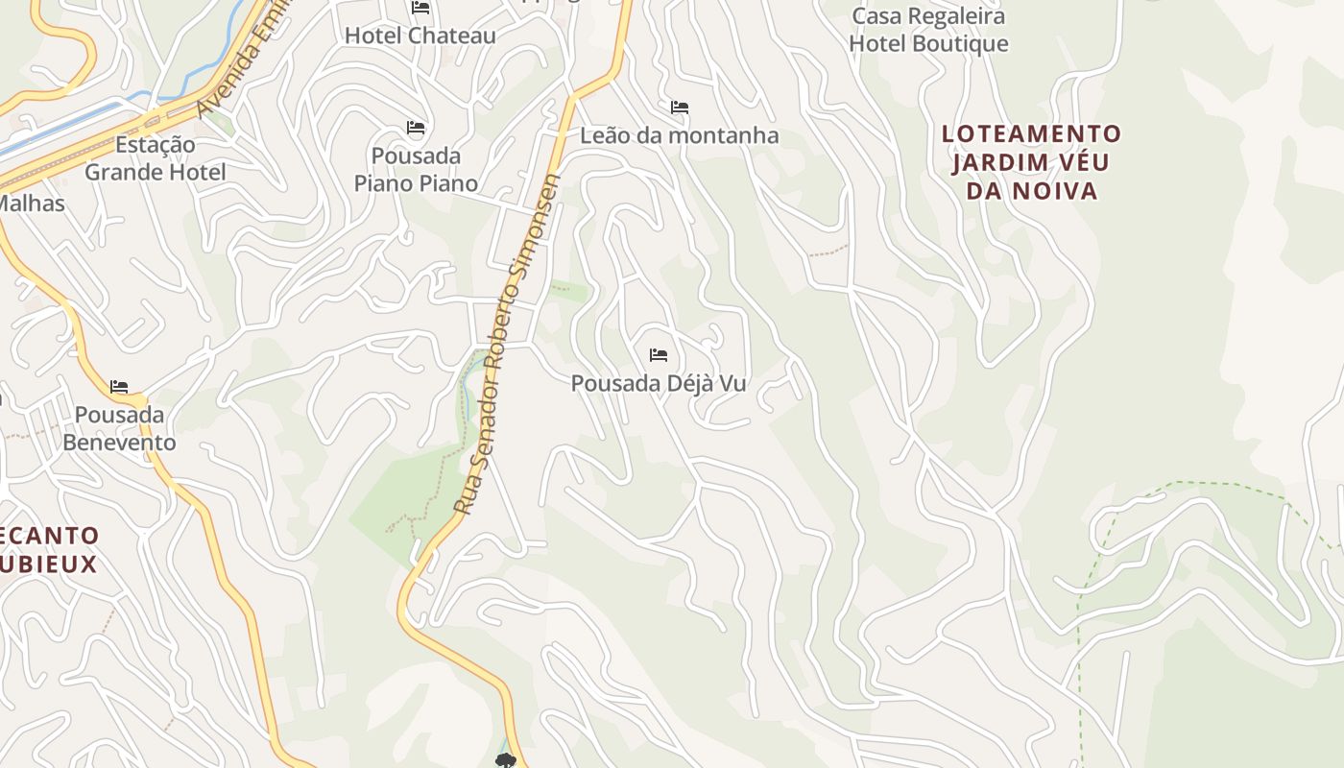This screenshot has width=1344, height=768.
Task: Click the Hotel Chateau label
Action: point(420,36)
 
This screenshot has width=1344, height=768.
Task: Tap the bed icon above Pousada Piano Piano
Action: point(416,127)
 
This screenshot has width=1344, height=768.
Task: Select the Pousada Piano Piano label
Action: point(416,169)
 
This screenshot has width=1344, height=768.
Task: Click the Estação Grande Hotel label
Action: point(156,158)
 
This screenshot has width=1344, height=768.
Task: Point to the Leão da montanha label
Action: point(679,135)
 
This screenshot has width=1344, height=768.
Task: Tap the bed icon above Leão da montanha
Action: point(680,107)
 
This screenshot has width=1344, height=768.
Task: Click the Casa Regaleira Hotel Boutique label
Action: point(928,30)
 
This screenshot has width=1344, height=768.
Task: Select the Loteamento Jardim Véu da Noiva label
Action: point(1031,162)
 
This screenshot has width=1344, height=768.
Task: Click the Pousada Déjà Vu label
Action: point(659,383)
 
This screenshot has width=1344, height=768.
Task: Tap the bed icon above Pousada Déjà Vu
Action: point(659,355)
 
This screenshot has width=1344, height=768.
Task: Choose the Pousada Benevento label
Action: point(120,428)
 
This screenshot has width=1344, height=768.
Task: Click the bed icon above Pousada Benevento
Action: point(119,387)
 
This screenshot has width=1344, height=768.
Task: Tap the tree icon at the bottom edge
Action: point(506,761)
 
